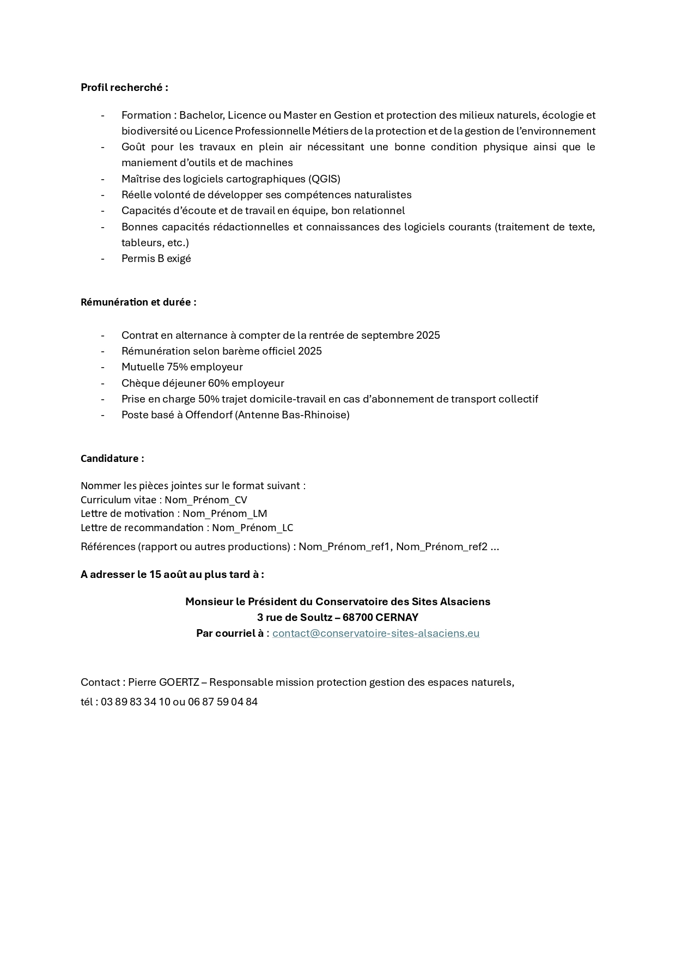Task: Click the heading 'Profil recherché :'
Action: pos(124,87)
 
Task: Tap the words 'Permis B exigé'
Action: pos(156,258)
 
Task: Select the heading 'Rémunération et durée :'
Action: pos(138,302)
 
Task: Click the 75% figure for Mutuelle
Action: pos(177,367)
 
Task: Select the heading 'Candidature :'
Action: pos(112,458)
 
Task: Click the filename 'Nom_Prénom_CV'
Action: pos(206,500)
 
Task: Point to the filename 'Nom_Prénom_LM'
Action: pos(224,513)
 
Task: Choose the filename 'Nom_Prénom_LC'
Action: pos(252,527)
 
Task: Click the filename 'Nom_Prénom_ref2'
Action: pos(441,546)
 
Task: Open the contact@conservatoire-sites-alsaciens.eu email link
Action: pos(376,633)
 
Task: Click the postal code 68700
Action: pos(357,617)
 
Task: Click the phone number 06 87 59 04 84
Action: pos(223,702)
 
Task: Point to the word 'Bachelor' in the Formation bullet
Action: pos(201,115)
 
